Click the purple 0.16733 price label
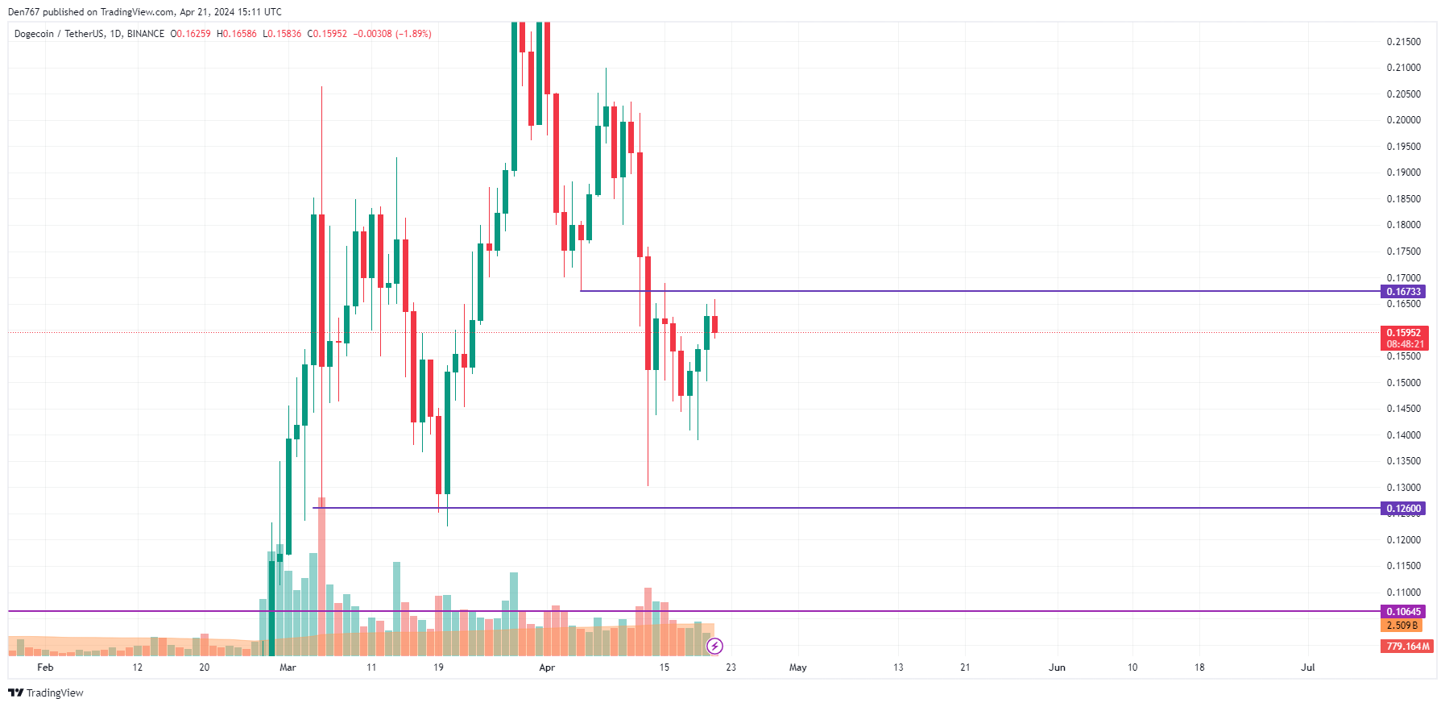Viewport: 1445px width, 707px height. click(1403, 292)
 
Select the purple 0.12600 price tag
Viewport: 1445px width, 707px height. click(1403, 509)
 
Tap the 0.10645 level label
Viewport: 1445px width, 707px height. click(1403, 612)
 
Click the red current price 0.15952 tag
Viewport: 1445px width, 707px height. click(1403, 333)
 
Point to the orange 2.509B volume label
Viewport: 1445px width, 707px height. click(1402, 626)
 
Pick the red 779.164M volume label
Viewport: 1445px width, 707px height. click(1406, 647)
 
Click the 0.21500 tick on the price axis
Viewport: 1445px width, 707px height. click(1403, 42)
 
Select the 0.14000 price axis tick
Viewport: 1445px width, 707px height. click(1403, 435)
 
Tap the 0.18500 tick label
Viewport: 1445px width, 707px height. click(1403, 199)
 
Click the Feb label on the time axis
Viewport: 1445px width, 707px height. click(45, 667)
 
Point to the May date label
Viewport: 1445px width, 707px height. click(797, 667)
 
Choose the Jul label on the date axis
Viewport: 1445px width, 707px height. click(1308, 667)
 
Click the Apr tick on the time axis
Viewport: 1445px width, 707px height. click(547, 667)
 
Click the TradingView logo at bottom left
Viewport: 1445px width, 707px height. click(46, 693)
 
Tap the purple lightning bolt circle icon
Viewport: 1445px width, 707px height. click(714, 646)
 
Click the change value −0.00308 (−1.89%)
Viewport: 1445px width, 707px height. click(392, 34)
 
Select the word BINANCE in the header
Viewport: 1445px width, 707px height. click(146, 34)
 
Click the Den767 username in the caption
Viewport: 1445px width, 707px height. click(23, 12)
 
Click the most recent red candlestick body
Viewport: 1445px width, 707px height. click(714, 324)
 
